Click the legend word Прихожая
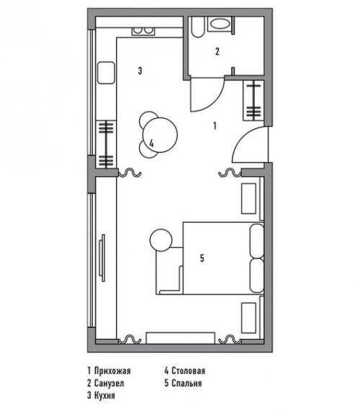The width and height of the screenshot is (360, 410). (x=112, y=370)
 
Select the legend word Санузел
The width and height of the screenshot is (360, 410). (x=109, y=383)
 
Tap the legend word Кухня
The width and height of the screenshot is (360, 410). (x=104, y=395)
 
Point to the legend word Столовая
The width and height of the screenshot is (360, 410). (x=188, y=370)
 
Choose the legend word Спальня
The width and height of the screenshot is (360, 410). (x=186, y=383)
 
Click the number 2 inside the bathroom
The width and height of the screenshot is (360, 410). (x=217, y=51)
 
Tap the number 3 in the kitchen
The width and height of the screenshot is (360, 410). (x=140, y=71)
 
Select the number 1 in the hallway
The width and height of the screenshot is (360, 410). (x=215, y=126)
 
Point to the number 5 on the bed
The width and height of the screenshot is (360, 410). (x=202, y=259)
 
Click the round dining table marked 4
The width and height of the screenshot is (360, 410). (x=160, y=135)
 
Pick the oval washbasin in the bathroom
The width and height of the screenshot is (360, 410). (x=220, y=24)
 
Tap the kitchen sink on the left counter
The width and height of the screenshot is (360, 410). (x=106, y=73)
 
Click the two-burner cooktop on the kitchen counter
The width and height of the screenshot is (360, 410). (x=143, y=32)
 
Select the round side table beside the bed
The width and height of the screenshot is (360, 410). (x=161, y=240)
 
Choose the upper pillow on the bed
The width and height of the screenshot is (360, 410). (x=257, y=241)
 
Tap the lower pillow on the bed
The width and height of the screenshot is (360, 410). (x=257, y=275)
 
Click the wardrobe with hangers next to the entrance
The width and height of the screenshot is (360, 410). (x=253, y=100)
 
